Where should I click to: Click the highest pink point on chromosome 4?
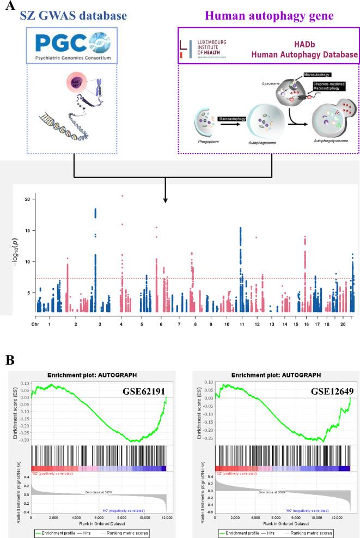pyautogui.click(x=123, y=195)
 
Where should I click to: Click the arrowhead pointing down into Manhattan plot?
pyautogui.click(x=166, y=201)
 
